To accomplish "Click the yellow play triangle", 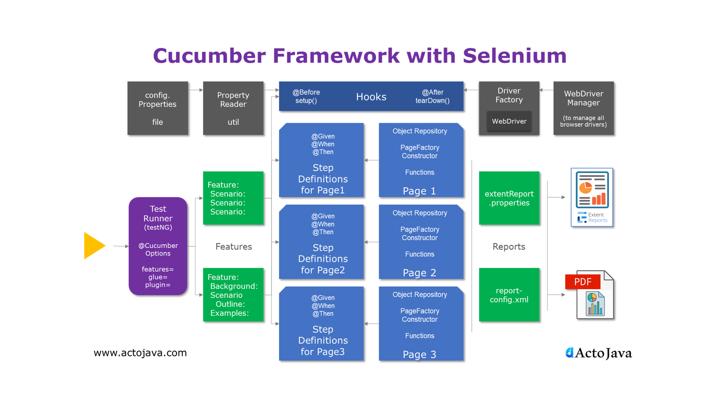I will (x=93, y=246).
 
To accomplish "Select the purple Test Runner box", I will (x=158, y=246).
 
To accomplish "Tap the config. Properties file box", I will (x=157, y=108).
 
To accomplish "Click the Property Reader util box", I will (x=233, y=108).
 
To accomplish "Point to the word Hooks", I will (x=371, y=97).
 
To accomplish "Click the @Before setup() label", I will (x=306, y=96).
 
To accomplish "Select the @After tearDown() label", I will (x=432, y=96).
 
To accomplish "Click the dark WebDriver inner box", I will (x=509, y=121).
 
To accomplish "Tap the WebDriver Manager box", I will (x=583, y=108).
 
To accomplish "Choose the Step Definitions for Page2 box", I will (x=322, y=242).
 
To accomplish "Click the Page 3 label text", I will (x=419, y=354).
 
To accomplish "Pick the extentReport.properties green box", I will (x=509, y=198).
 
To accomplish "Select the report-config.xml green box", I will (x=509, y=295).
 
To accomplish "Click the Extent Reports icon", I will (x=591, y=197).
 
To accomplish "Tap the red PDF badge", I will (x=582, y=282).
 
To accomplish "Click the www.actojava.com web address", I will (x=140, y=352).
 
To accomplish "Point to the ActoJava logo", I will (x=598, y=353).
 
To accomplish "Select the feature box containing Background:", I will (x=233, y=295).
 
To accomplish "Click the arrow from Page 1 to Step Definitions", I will (x=371, y=160).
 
